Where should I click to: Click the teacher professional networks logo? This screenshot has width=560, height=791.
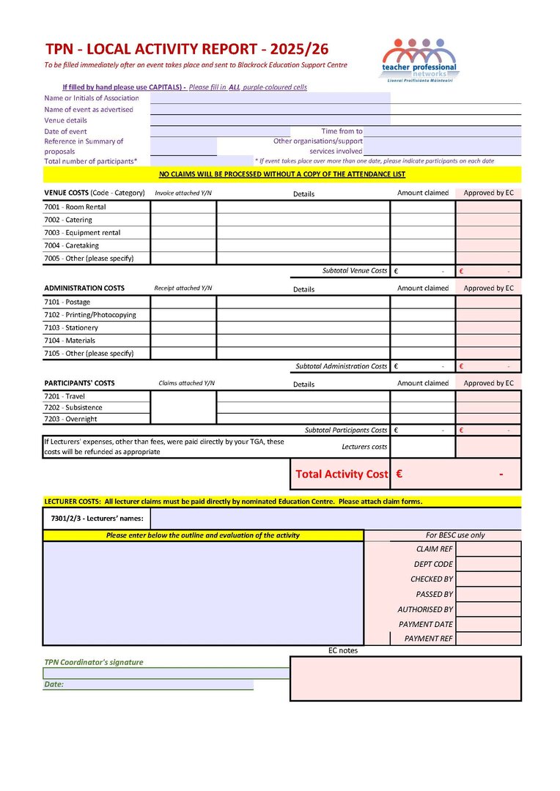point(419,60)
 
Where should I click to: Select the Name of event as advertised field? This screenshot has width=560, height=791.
point(270,108)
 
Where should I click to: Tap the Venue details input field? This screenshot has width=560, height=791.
point(270,120)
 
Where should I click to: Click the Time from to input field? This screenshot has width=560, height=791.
point(442,131)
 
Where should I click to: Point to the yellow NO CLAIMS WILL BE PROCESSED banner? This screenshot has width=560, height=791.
point(282,174)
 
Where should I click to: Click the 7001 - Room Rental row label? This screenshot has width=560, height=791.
point(75,207)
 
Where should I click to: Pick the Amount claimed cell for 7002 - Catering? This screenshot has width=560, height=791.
point(422,220)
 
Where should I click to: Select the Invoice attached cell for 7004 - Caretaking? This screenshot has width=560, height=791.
point(183,245)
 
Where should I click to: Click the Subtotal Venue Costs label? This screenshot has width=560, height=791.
point(354,271)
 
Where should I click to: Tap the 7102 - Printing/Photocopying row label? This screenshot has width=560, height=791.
point(90,315)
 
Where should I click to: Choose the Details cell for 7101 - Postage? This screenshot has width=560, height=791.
point(303,302)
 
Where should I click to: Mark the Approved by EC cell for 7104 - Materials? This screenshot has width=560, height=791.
point(488,341)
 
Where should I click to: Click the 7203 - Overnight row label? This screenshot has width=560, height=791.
point(70,419)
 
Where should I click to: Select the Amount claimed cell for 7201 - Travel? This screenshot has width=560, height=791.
point(422,396)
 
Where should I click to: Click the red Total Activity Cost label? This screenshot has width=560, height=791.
point(341,475)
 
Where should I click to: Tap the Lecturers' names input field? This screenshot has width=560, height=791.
point(335,519)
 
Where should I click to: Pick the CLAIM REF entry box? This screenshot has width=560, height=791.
point(488,549)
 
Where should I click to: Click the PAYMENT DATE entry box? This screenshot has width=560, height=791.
point(488,624)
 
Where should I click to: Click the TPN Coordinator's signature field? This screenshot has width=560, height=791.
point(166,673)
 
